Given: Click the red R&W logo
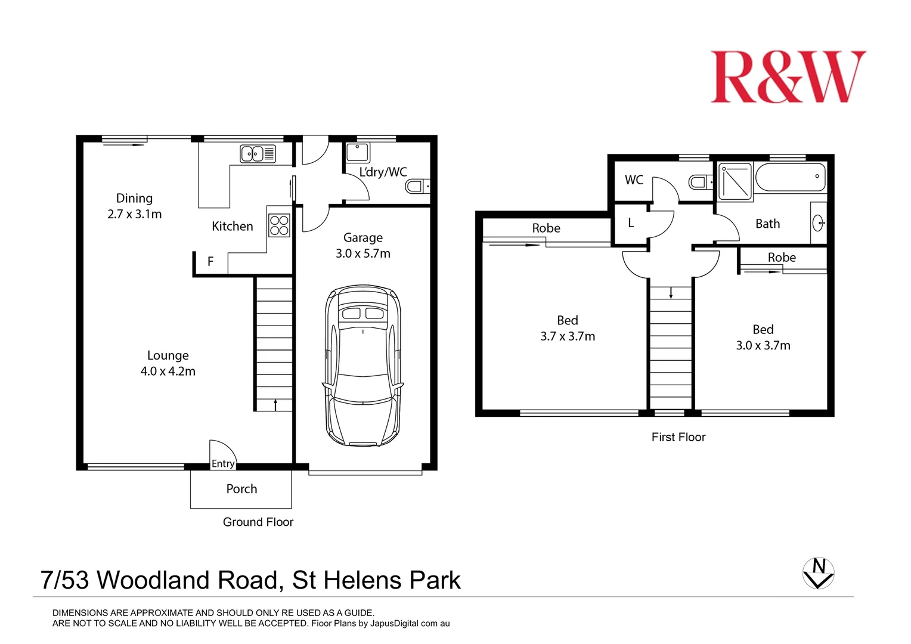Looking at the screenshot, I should (788, 77).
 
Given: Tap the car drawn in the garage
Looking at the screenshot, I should (362, 366).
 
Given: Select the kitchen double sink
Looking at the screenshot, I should (258, 154).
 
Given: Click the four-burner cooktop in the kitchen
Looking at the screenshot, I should (279, 225).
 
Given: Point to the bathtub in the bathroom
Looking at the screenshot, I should (791, 177).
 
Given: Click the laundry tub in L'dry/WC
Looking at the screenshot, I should (358, 153).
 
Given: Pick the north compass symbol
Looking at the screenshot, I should (819, 573).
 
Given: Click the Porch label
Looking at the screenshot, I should (241, 489).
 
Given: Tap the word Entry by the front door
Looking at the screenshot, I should (223, 463).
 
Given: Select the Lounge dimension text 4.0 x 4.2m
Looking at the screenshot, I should (168, 371).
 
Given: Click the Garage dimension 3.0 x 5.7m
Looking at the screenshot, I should (362, 253).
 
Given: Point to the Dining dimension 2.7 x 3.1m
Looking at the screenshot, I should (134, 214).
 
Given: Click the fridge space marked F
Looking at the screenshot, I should (210, 261).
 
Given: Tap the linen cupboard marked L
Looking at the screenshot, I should (630, 224).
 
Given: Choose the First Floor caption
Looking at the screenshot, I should (678, 437).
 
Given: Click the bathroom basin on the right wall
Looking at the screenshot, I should (819, 224).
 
